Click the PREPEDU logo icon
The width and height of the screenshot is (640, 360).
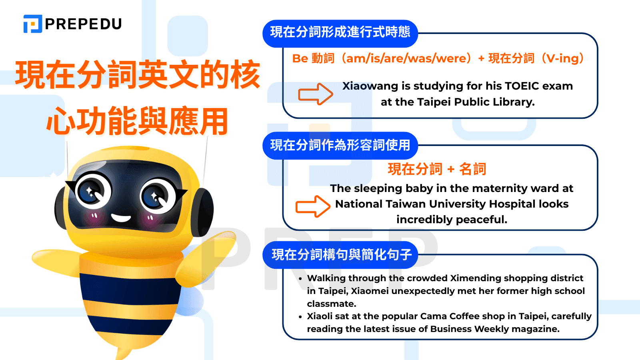(x=33, y=24)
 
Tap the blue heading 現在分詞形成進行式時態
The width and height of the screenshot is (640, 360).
(x=340, y=32)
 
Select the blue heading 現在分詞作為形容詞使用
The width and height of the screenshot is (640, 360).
(x=340, y=145)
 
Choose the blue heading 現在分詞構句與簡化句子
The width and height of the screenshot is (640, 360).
(x=341, y=254)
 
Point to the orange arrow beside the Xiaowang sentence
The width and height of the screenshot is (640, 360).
(x=316, y=94)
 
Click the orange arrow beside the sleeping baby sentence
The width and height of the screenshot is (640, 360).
(x=313, y=206)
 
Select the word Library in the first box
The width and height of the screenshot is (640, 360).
(x=514, y=102)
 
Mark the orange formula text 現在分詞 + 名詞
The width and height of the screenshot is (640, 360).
(x=437, y=169)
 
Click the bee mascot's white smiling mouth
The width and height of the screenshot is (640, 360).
(x=121, y=218)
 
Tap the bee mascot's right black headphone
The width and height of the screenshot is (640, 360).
(x=203, y=212)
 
